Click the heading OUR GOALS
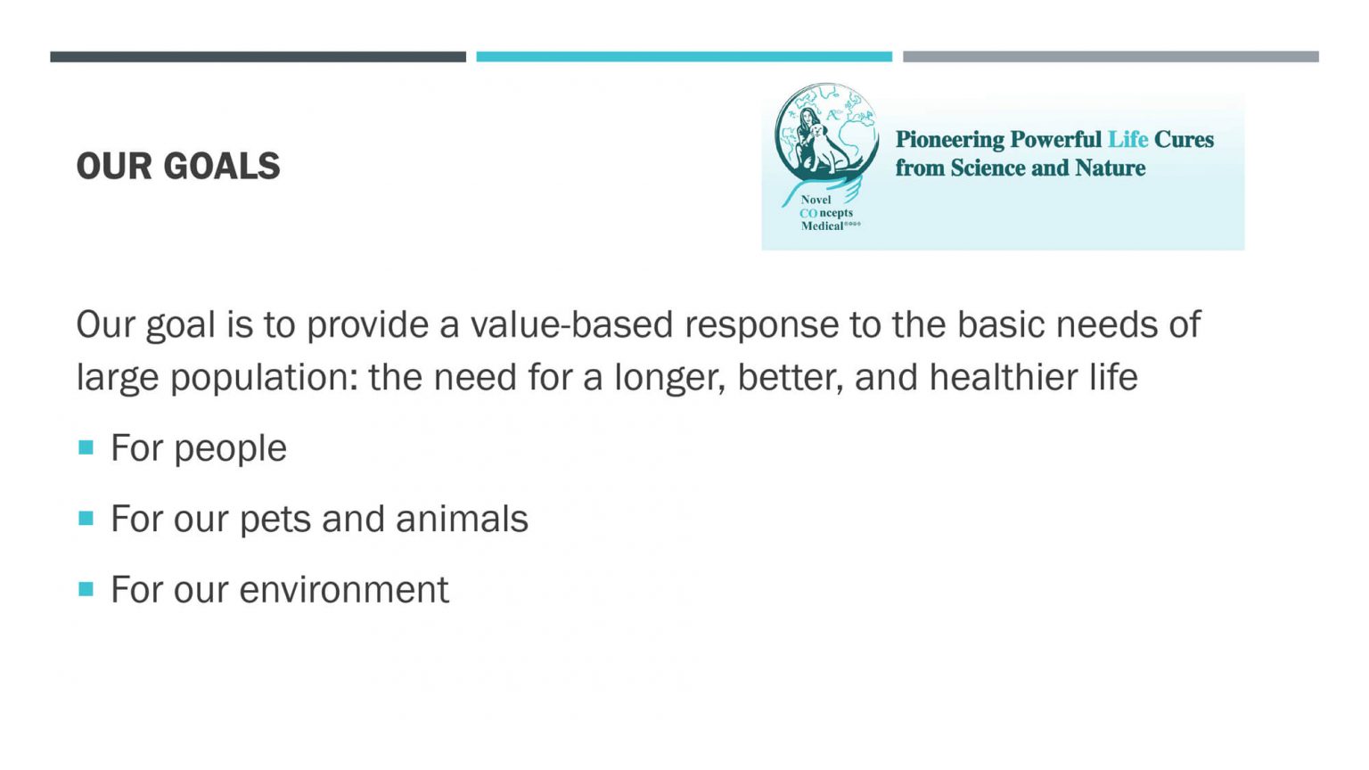pyautogui.click(x=178, y=167)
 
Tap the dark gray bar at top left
pyautogui.click(x=258, y=57)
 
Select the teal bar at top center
pyautogui.click(x=684, y=57)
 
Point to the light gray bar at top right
pyautogui.click(x=1111, y=57)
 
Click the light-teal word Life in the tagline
pyautogui.click(x=1127, y=140)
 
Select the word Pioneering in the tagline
pyautogui.click(x=950, y=141)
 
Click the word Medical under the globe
pyautogui.click(x=822, y=226)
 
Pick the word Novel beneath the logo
pyautogui.click(x=816, y=200)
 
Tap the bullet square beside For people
pyautogui.click(x=86, y=448)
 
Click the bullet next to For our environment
pyautogui.click(x=86, y=590)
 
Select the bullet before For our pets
pyautogui.click(x=86, y=519)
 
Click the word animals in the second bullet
pyautogui.click(x=462, y=519)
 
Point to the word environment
pyautogui.click(x=344, y=590)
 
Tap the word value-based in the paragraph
pyautogui.click(x=571, y=324)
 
